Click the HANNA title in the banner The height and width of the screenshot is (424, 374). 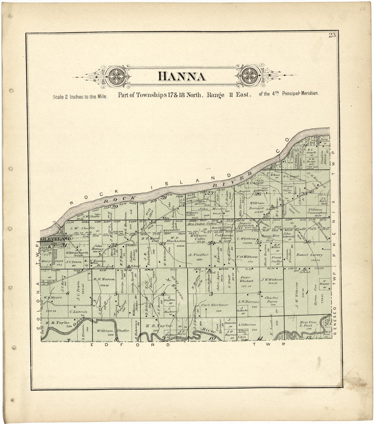(182, 76)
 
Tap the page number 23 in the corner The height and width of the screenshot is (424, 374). (332, 36)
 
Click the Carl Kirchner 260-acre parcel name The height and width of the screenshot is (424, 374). (214, 305)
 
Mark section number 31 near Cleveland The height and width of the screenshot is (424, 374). (64, 236)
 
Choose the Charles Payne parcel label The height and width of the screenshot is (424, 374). (271, 300)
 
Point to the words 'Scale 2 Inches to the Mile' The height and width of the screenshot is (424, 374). (80, 97)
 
